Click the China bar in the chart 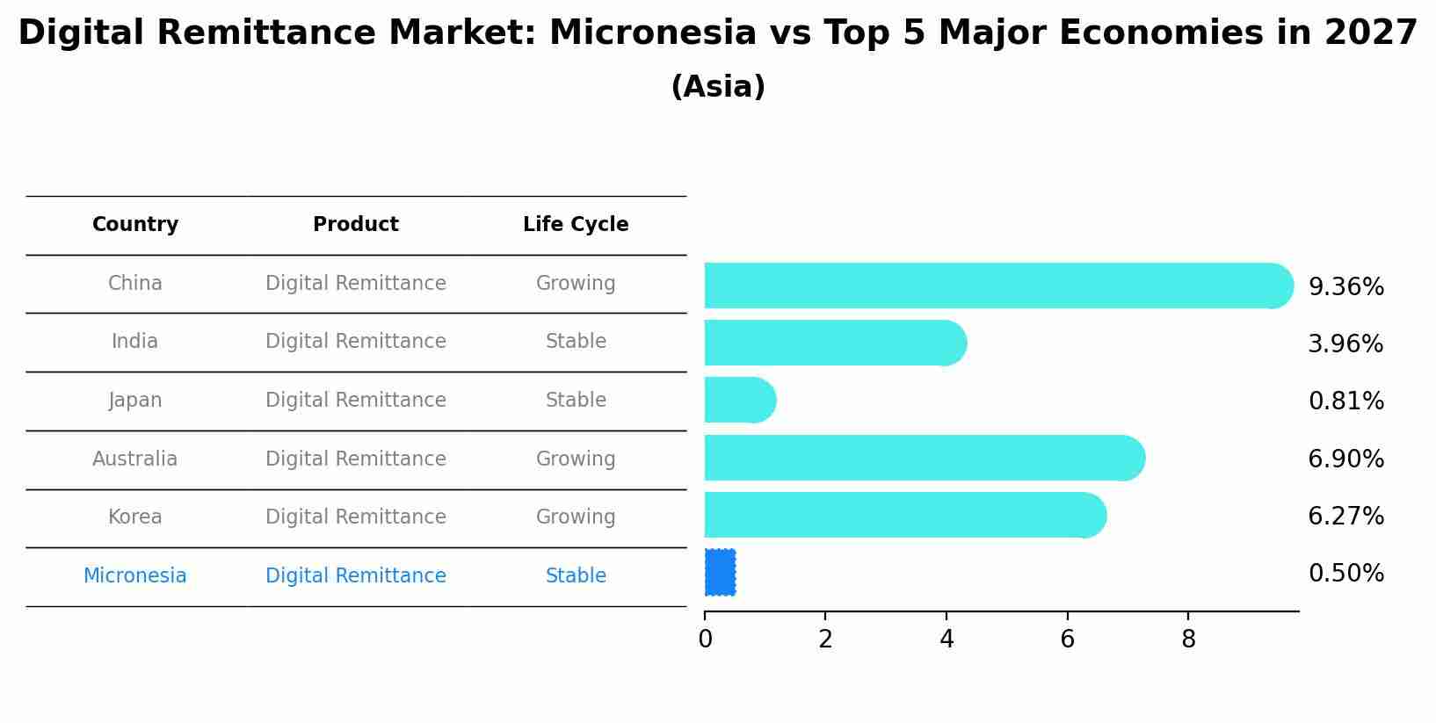coord(997,286)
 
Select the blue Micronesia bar coord(720,573)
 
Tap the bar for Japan coord(739,401)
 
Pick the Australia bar coord(923,458)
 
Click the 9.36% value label coord(1345,287)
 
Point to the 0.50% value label coord(1345,574)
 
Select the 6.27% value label coord(1345,517)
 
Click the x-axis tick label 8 coord(1188,640)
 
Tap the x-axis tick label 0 coord(705,640)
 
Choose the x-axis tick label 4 coord(946,640)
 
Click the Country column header coord(135,225)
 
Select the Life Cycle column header coord(576,225)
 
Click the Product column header coord(356,225)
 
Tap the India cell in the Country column coord(135,342)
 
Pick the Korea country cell coord(135,517)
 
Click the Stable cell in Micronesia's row coord(576,576)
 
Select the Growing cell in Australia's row coord(576,459)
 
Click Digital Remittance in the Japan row coord(356,401)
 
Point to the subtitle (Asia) coord(718,87)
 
